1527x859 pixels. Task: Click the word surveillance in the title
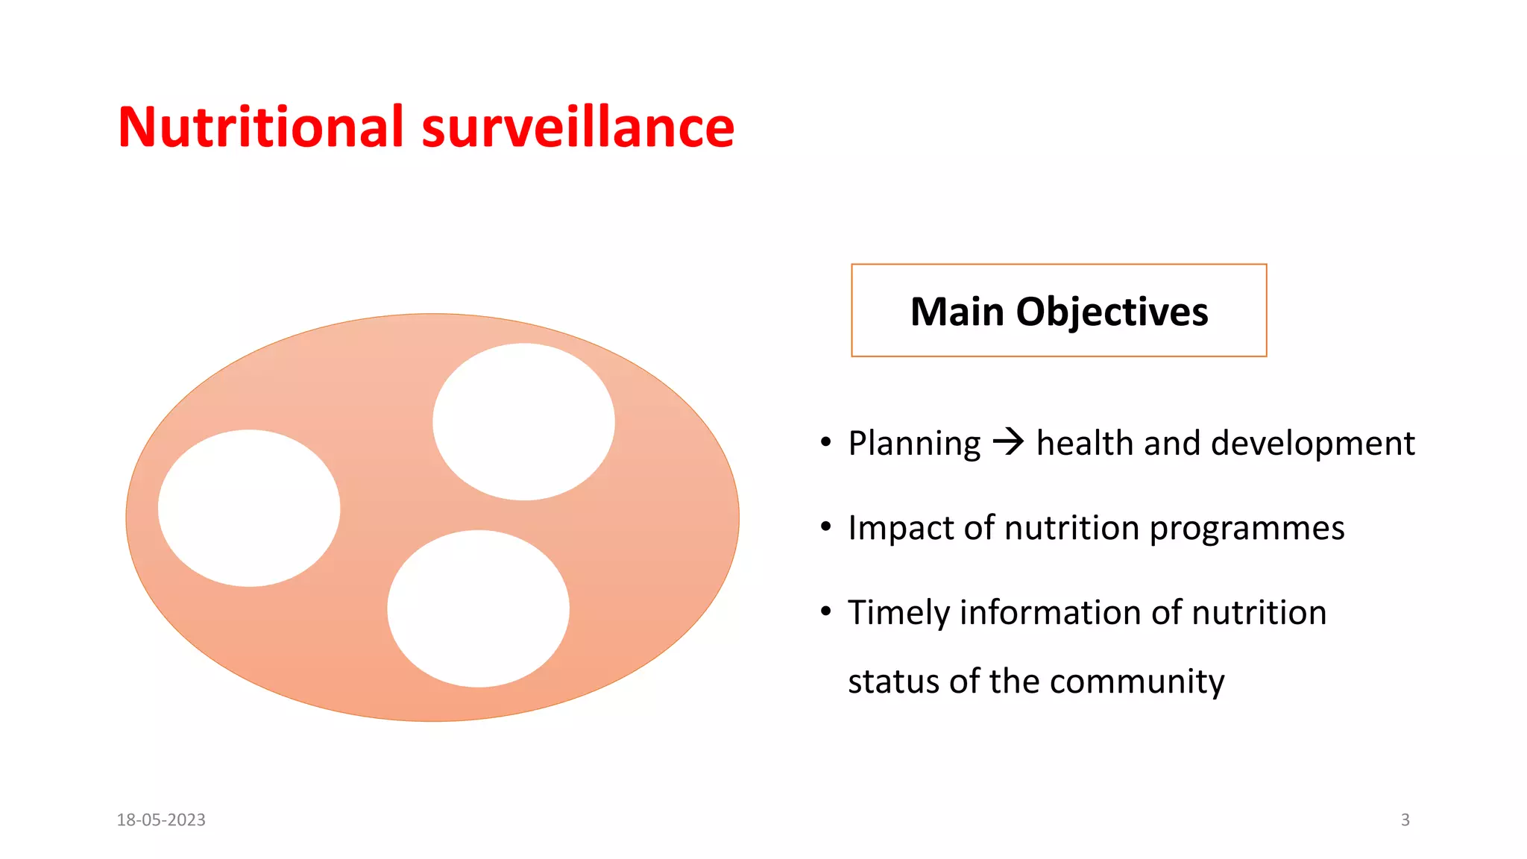click(578, 127)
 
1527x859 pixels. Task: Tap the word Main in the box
click(957, 312)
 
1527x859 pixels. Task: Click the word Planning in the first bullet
click(914, 444)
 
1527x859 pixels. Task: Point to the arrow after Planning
click(1009, 442)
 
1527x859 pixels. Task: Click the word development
click(1313, 444)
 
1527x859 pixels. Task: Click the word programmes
click(1247, 529)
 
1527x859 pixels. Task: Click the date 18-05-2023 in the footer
click(161, 819)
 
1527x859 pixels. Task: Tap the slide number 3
click(1405, 819)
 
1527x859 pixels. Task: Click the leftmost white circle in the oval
click(249, 508)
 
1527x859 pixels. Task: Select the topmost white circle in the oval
click(523, 421)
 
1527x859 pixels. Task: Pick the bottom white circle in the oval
click(478, 608)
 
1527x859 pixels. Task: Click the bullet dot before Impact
click(825, 527)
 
